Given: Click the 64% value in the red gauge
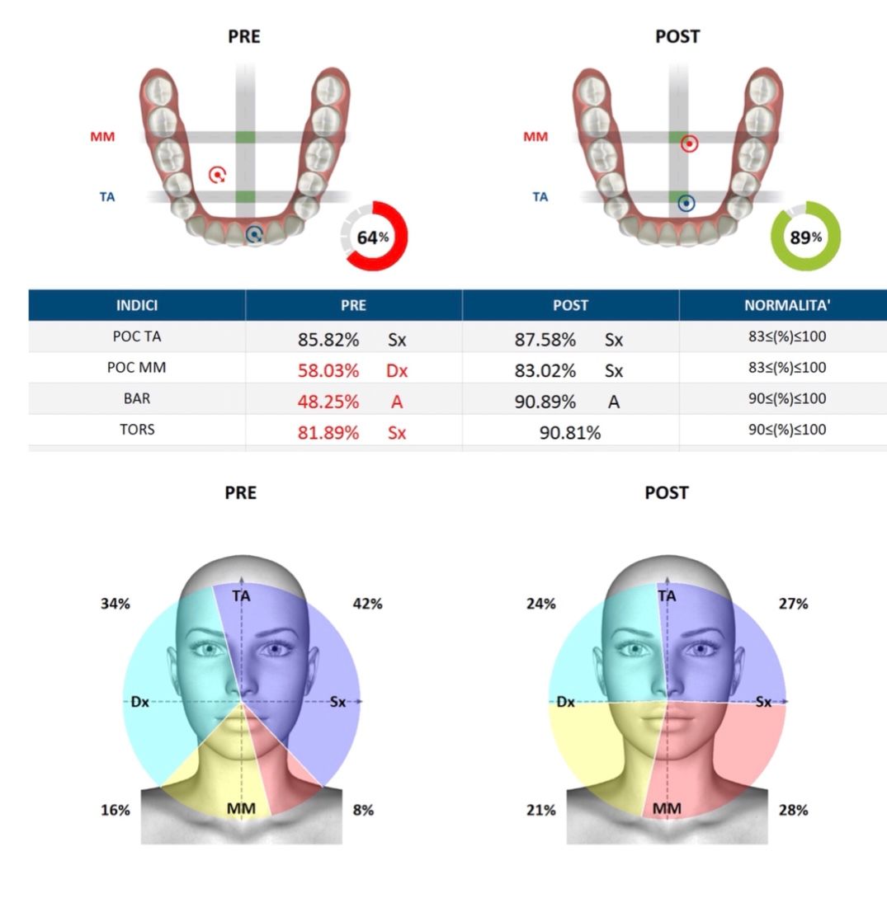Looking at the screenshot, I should [x=372, y=238].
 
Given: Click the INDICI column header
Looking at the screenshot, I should [x=137, y=305].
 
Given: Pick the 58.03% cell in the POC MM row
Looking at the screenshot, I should [x=328, y=370].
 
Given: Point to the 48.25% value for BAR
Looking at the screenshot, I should [x=328, y=402].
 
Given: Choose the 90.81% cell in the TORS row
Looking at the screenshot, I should [x=570, y=432].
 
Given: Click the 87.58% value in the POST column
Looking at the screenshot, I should [x=545, y=339].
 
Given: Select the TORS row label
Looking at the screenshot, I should [x=137, y=430].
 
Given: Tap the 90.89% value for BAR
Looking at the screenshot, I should [x=545, y=402].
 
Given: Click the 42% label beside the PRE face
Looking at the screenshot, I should [x=367, y=604].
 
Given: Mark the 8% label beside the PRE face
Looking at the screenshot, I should [x=362, y=810].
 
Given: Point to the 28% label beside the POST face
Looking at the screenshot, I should [x=793, y=810].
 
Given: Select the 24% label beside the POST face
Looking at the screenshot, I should [x=541, y=604].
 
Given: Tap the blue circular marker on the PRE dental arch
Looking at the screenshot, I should [x=255, y=235].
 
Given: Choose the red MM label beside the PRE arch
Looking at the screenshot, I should [x=103, y=137].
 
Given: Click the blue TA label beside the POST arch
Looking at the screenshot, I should [x=540, y=197].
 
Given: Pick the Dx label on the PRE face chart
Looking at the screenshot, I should [x=139, y=703].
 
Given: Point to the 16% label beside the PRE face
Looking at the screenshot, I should [x=116, y=810].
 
